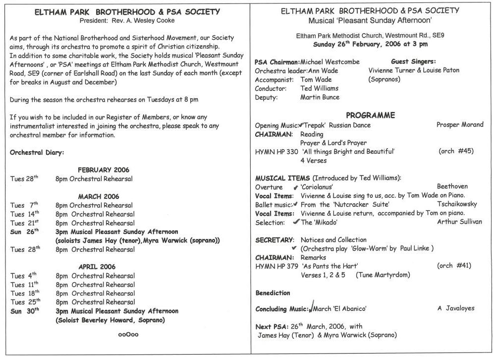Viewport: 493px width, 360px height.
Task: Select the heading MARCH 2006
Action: (x=99, y=196)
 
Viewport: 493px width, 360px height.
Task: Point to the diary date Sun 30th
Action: (x=24, y=311)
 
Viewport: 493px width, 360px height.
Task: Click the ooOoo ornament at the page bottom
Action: (x=128, y=334)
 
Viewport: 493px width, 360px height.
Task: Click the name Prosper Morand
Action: (x=460, y=124)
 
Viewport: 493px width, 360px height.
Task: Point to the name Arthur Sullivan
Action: (x=459, y=222)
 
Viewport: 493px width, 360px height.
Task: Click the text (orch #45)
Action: (x=456, y=151)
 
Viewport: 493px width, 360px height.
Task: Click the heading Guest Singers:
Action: (x=413, y=61)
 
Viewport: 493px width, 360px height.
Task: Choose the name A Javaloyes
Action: (x=455, y=308)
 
